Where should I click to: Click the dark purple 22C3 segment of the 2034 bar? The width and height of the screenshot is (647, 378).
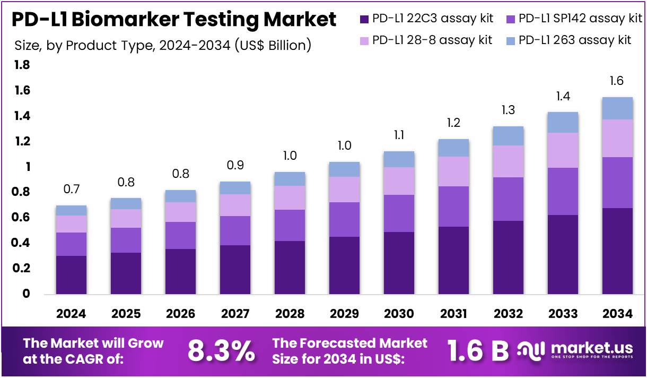pos(617,251)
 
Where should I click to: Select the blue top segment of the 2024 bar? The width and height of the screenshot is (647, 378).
pos(71,210)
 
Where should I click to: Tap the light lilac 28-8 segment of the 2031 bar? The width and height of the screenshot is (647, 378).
pos(453,171)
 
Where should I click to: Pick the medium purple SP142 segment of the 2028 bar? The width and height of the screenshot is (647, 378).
pos(290,225)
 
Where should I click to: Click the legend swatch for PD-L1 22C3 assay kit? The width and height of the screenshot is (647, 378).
pos(364,19)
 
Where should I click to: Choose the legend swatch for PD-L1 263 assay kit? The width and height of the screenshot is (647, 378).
pos(510,40)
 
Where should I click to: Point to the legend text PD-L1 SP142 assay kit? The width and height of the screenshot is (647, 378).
pos(580,19)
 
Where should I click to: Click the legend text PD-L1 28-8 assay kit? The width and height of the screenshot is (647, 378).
pos(432,40)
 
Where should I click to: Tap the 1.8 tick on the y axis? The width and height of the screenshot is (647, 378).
pos(23,65)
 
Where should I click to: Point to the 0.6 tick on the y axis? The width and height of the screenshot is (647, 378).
pos(23,218)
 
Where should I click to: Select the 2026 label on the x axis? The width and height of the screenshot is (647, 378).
pos(180,314)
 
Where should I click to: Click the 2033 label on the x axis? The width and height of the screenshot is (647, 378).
pos(563,314)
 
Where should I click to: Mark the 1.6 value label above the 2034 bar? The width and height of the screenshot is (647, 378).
pos(617,81)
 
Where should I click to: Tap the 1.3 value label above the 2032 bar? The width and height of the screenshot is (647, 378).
pos(508,110)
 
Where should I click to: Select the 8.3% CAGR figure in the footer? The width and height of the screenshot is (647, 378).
pos(221,350)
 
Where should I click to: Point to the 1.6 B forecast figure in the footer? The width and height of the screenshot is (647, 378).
pos(478,350)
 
